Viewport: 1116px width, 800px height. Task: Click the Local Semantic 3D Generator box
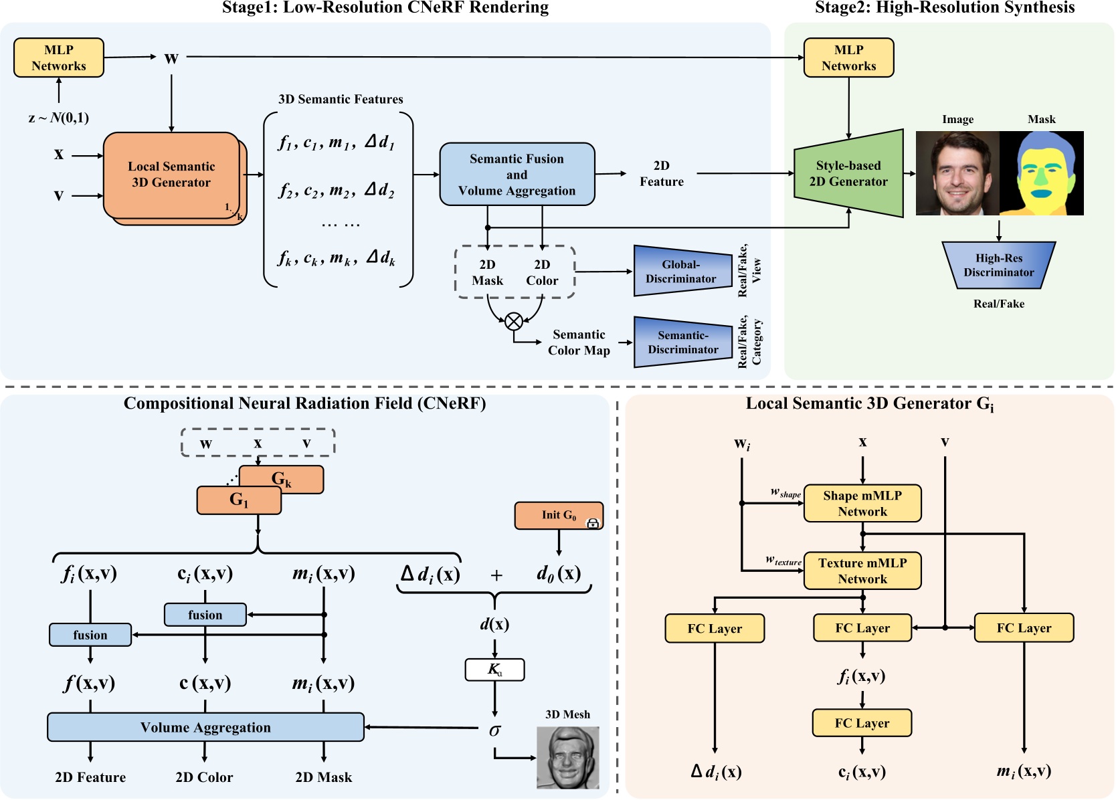(171, 175)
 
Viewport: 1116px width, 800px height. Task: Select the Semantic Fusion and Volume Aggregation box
(517, 174)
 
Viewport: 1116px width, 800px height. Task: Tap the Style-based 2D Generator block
(848, 173)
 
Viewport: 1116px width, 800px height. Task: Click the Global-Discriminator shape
(682, 271)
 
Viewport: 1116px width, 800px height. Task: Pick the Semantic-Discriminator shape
(682, 342)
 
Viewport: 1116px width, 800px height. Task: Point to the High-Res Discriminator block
(998, 266)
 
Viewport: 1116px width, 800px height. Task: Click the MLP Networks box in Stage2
(848, 58)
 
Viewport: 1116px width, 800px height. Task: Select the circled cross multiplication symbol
(514, 322)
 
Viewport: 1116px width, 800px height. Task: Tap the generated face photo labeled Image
(957, 173)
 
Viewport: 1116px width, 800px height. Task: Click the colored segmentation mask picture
(1042, 173)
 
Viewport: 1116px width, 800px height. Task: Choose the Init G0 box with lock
(559, 515)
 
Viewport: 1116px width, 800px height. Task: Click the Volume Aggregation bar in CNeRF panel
(205, 727)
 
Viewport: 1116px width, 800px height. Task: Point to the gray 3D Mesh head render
(567, 757)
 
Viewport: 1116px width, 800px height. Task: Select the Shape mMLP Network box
(862, 503)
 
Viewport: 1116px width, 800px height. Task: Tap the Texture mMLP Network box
(862, 571)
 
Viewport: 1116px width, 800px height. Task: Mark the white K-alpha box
(494, 670)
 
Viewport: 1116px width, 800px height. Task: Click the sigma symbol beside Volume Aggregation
(494, 730)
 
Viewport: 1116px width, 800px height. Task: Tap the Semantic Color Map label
(579, 342)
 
